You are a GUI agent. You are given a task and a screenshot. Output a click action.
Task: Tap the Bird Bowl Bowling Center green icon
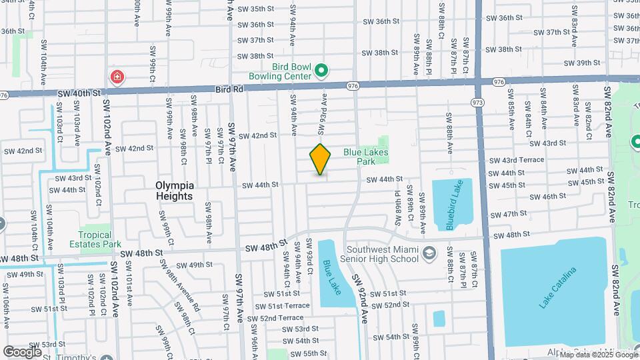coord(321,70)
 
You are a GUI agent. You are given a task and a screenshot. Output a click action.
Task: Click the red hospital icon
coord(118,78)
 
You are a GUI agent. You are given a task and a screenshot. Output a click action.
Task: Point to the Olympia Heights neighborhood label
coord(174,191)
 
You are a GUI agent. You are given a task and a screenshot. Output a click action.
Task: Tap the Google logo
coord(23,351)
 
